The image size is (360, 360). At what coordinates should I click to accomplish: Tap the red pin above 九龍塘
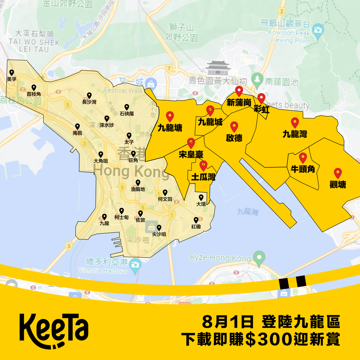point(170,116)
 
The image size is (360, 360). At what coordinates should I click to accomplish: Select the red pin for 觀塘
point(338,173)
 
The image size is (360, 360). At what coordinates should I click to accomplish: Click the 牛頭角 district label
point(303,169)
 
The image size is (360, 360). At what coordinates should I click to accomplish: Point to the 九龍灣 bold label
point(295,134)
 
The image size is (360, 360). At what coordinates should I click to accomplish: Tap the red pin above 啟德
point(234,127)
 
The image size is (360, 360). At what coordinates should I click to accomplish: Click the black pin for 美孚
point(12,73)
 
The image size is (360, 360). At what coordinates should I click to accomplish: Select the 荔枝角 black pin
point(34,88)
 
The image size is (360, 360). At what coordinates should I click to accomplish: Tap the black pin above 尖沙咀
point(159,227)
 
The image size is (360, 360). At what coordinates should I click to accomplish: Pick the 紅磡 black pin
point(196,220)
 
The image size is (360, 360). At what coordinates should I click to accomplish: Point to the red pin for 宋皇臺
point(191,143)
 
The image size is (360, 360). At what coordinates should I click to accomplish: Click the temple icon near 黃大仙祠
point(218,67)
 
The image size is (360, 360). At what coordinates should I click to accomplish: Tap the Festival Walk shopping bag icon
point(151,84)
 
